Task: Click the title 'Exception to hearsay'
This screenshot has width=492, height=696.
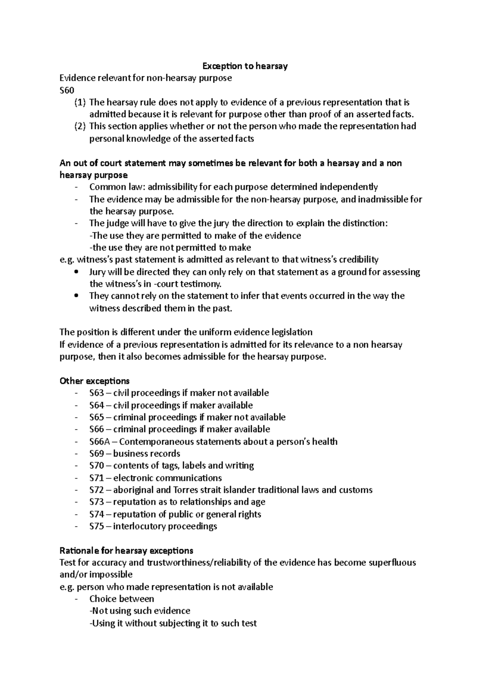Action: pyautogui.click(x=245, y=66)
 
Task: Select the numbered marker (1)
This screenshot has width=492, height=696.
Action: pyautogui.click(x=80, y=102)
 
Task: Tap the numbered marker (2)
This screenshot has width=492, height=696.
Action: pyautogui.click(x=80, y=126)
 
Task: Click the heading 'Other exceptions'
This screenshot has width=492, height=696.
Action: pyautogui.click(x=94, y=381)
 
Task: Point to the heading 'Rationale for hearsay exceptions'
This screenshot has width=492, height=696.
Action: pyautogui.click(x=126, y=550)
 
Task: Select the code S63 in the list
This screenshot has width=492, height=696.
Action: pyautogui.click(x=96, y=393)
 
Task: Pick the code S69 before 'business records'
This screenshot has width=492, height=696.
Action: pyautogui.click(x=97, y=454)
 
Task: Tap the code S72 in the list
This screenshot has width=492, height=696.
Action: pyautogui.click(x=97, y=490)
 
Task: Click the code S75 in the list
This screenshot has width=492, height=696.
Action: pyautogui.click(x=97, y=526)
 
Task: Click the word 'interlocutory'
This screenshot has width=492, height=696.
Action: pyautogui.click(x=139, y=526)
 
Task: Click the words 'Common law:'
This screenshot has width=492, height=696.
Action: pyautogui.click(x=117, y=187)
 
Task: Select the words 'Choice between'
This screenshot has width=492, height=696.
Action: pyautogui.click(x=121, y=599)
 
